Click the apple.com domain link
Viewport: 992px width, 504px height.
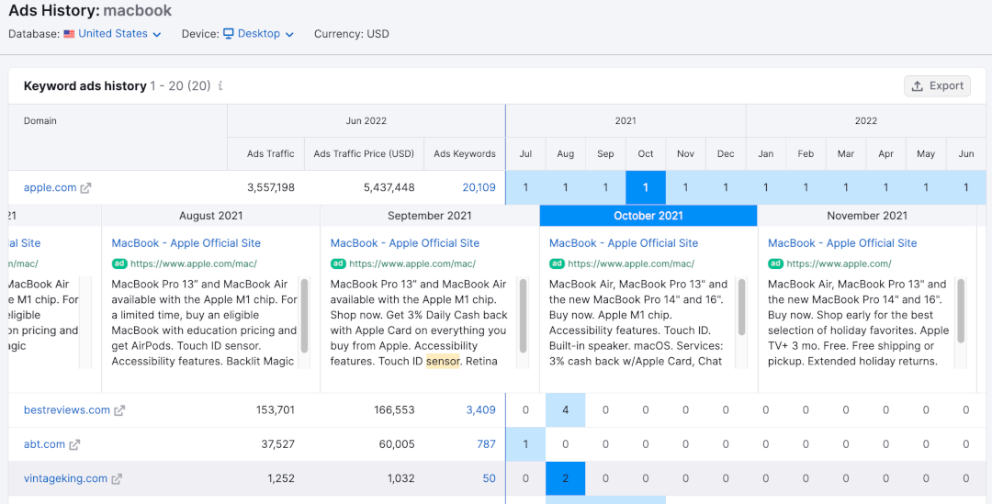click(x=51, y=187)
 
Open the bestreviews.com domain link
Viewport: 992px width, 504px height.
click(x=67, y=410)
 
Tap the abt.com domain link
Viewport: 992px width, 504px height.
click(x=45, y=444)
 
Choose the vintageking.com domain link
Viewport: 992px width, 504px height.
click(x=65, y=478)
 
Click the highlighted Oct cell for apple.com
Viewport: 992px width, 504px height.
click(x=646, y=187)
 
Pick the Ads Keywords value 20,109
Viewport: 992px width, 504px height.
click(x=479, y=187)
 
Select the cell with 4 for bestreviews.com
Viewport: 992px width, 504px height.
click(x=566, y=410)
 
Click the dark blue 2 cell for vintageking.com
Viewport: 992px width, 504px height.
click(x=566, y=478)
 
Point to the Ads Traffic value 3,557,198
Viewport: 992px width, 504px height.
click(x=271, y=187)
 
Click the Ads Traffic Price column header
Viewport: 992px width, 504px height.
click(x=364, y=154)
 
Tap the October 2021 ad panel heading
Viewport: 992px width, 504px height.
click(x=648, y=216)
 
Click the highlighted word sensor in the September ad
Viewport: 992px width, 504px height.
click(x=443, y=361)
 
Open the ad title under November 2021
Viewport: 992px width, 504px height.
click(x=842, y=243)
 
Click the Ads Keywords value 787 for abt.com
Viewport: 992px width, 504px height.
click(x=486, y=444)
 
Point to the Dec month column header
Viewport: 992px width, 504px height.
click(x=726, y=154)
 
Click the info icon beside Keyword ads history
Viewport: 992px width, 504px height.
click(x=220, y=86)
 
